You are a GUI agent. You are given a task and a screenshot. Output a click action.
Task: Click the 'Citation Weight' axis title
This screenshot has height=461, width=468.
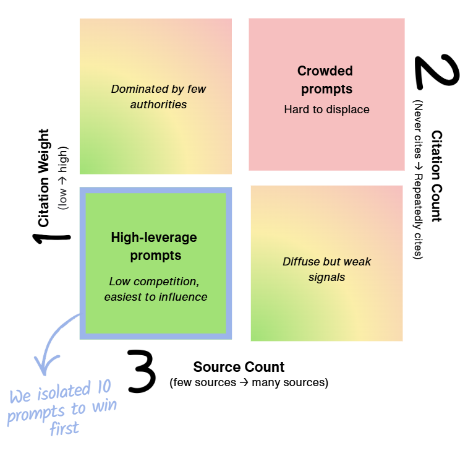click(44, 178)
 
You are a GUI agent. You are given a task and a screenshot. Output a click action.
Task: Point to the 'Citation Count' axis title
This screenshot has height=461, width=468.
click(436, 176)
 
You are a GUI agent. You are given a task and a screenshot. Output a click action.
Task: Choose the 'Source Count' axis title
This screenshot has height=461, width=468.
click(239, 367)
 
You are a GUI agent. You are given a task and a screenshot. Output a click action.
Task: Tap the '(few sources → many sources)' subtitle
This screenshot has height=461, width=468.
click(249, 382)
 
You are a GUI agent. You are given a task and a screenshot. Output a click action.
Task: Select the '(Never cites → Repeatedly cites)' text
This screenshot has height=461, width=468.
click(419, 179)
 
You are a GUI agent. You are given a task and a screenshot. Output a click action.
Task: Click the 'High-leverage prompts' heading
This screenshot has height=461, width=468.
click(154, 246)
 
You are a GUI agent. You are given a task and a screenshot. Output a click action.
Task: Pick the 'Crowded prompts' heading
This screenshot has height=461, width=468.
click(326, 80)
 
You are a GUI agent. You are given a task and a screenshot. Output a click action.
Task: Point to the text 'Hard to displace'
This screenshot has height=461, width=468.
click(326, 110)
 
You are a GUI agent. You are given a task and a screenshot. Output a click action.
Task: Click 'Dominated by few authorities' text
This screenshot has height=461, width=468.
click(158, 97)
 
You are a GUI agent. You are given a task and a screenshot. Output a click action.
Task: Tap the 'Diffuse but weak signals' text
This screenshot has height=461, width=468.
click(326, 269)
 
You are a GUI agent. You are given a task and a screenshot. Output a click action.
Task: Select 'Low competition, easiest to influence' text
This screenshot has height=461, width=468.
click(155, 289)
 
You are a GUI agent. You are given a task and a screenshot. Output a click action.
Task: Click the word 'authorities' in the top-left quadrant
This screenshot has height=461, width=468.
click(158, 105)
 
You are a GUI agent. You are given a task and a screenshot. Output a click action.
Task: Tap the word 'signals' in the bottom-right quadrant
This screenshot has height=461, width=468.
click(326, 277)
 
